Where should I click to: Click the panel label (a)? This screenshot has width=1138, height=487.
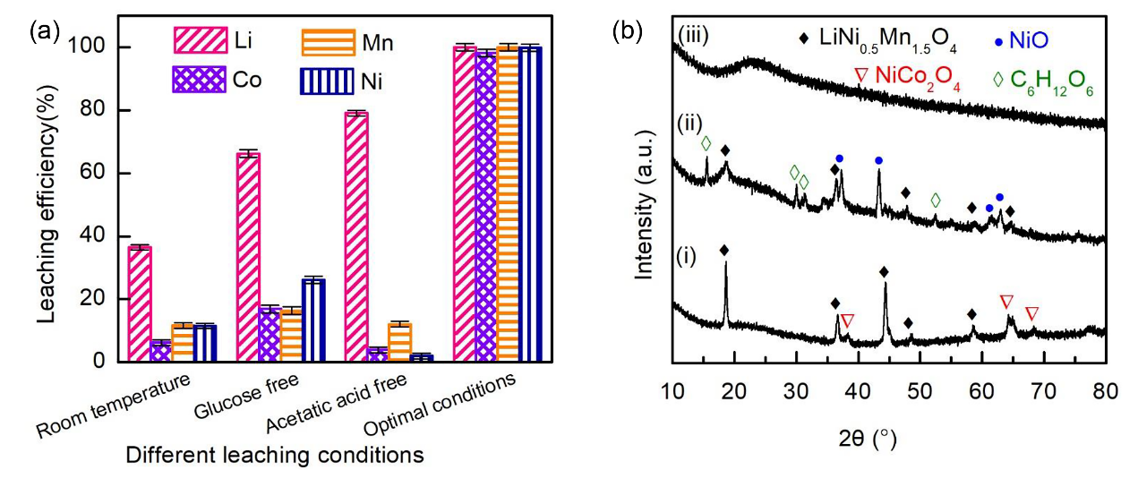coord(45,32)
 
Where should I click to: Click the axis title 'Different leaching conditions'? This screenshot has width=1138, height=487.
coord(274,455)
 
